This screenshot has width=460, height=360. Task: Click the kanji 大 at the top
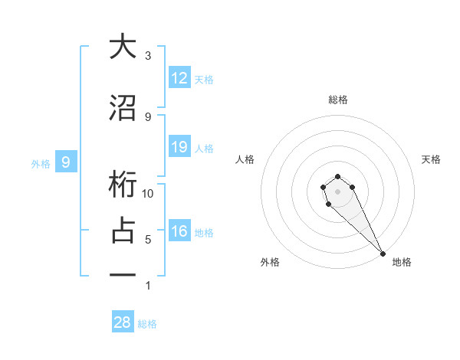123,47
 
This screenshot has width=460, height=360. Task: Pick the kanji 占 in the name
123,231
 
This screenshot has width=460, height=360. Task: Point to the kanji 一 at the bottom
123,275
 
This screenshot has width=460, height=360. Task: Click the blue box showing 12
179,78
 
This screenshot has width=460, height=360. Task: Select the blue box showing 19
179,147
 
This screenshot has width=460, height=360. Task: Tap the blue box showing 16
179,231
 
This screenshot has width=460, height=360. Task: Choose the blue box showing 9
67,162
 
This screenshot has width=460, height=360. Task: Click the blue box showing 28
123,322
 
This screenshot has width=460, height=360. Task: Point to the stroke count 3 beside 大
148,56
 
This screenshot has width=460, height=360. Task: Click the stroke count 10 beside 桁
149,194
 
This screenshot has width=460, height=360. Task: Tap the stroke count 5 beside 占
148,240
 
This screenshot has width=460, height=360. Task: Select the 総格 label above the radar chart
338,100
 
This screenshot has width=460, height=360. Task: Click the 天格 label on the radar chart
432,159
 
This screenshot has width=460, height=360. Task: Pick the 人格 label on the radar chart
245,159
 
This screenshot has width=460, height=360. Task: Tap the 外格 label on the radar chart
270,262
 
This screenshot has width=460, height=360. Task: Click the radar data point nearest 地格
383,254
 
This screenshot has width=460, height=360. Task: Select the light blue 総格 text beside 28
148,324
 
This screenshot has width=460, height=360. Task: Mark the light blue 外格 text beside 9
41,163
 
